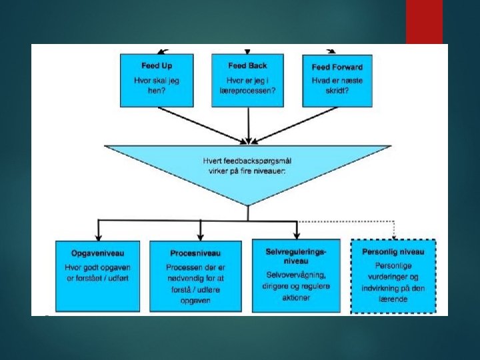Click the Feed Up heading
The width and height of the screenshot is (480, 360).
click(156, 66)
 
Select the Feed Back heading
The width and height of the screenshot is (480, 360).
click(247, 66)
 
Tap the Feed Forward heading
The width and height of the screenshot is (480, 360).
click(337, 67)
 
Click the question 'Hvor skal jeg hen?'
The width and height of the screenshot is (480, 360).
click(156, 85)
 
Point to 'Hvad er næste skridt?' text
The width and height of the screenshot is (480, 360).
click(337, 85)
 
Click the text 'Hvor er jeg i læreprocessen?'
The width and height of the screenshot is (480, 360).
click(247, 85)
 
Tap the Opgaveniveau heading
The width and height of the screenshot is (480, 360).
click(97, 253)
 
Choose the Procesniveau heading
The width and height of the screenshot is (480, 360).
click(195, 253)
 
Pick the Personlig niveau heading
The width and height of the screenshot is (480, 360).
click(393, 251)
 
